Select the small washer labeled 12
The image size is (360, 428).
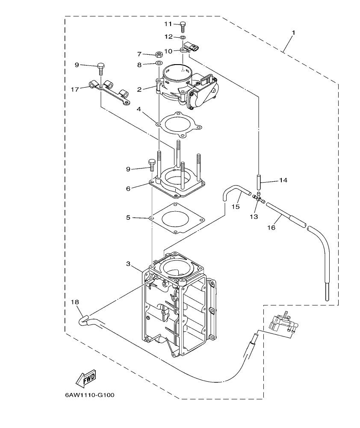point(183,38)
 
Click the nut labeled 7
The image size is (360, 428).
point(158,54)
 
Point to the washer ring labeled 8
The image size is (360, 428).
point(159,64)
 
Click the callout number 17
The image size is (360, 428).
point(75,89)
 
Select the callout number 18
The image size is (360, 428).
point(75,302)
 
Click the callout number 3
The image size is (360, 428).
point(128,264)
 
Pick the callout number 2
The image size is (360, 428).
point(139,89)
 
